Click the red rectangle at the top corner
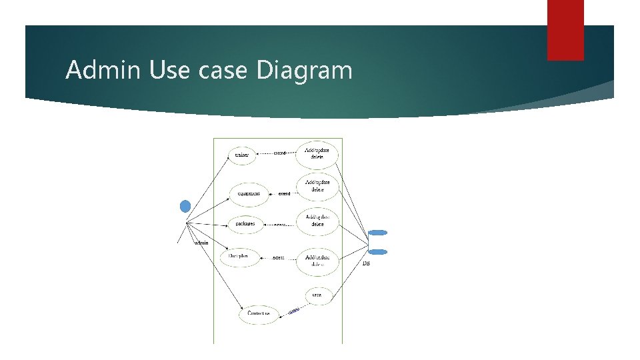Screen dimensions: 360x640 pos(565,30)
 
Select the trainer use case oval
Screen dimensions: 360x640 pos(242,155)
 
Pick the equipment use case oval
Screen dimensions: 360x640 pos(249,193)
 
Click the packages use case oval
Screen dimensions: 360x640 pos(245,224)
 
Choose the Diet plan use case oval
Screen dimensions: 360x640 pos(239,256)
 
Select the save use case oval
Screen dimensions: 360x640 pos(317,295)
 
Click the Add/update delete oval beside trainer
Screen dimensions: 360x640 pos(317,154)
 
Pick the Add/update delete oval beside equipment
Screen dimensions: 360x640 pos(317,186)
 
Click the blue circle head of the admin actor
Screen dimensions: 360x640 pos(185,205)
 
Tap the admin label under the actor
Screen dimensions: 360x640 pos(201,243)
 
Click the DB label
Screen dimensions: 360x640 pos(366,264)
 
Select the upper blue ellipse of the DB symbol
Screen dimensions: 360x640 pos(377,232)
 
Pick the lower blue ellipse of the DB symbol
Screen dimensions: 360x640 pos(377,251)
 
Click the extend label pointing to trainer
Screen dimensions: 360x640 pos(280,153)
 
